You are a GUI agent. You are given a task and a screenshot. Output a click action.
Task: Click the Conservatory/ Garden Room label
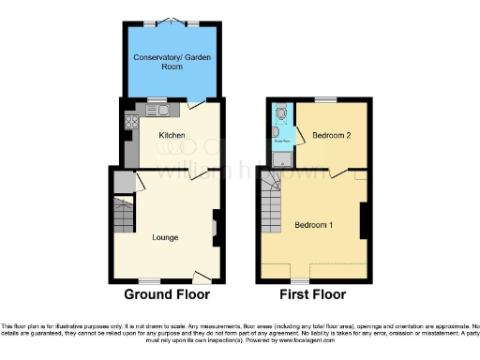pos(172,62)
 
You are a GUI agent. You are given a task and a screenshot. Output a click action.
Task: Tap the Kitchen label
pos(172,136)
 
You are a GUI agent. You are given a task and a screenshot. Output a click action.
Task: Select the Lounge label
pos(165,236)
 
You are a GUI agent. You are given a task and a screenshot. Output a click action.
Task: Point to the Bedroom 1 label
pos(312,225)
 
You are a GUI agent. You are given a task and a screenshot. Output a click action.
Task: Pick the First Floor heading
pos(313,294)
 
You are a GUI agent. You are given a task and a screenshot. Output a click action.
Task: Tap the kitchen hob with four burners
pos(131,122)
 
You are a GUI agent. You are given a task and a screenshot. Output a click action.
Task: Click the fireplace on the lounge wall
pos(216,228)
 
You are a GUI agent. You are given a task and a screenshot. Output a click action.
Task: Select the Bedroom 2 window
pos(324,98)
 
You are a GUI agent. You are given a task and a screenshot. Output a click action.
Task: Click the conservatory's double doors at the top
pos(172,22)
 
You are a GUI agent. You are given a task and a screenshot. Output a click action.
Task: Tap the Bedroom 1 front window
pos(298,280)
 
